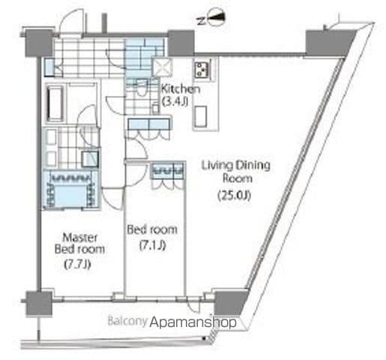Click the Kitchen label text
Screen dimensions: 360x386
(181, 89)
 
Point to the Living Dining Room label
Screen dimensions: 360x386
(236, 172)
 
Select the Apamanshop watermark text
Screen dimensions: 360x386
(193, 322)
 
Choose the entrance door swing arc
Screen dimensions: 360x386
(73, 21)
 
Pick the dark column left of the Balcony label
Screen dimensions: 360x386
(38, 304)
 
